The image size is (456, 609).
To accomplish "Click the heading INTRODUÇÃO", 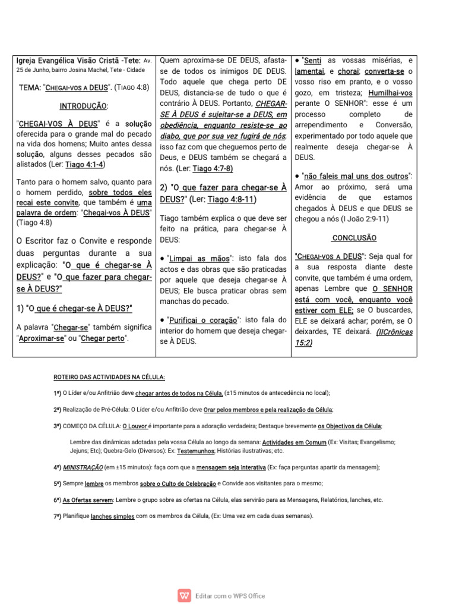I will point(84,105).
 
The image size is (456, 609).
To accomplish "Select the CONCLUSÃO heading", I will point(354,237).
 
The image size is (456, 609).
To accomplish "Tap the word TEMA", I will point(29,87).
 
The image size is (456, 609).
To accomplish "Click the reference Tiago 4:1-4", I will point(85,164).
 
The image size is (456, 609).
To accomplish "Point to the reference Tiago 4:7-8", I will point(215,168).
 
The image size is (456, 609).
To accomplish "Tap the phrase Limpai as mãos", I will point(198,259).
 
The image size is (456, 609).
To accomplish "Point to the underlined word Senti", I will point(312,61).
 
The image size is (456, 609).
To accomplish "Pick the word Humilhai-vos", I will point(391,93).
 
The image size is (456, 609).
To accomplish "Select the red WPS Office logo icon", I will point(184,595).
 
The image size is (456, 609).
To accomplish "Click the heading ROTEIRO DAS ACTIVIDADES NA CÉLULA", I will point(109,377).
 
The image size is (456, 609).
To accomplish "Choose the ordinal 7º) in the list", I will point(57,516).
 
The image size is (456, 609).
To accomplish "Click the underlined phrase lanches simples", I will point(112,516).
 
